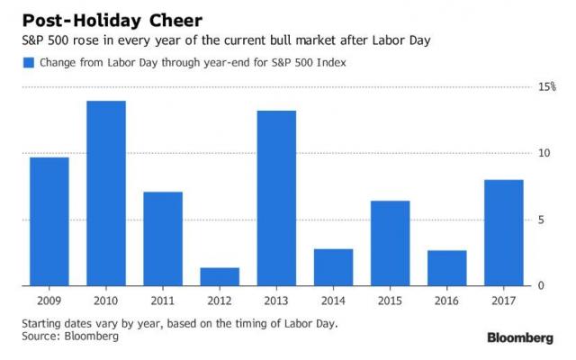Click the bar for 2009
point(49,221)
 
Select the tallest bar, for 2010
point(105,193)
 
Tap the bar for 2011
point(162,238)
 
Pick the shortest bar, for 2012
point(219,276)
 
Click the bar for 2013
point(276,198)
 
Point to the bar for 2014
point(333,267)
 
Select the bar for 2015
point(390,243)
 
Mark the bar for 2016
point(446,268)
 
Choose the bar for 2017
point(503,232)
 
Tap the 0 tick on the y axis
point(542,286)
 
